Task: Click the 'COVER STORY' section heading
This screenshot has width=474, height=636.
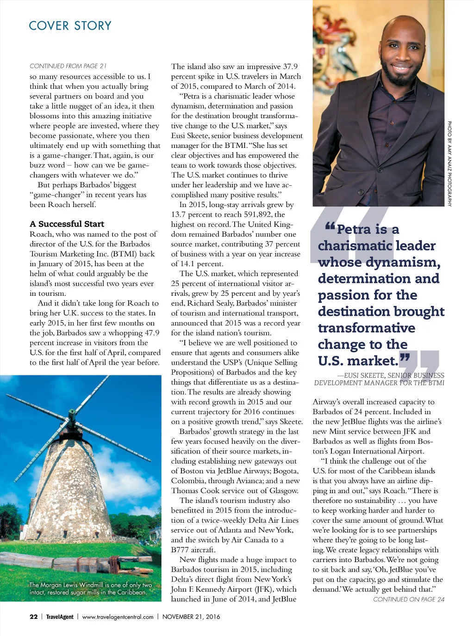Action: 70,25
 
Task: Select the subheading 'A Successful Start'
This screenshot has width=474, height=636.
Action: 67,224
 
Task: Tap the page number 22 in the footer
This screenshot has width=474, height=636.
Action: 33,617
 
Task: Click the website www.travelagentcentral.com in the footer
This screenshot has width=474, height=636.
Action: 118,617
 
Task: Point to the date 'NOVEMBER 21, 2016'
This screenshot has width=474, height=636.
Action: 191,617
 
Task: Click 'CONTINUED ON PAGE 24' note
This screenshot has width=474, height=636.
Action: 408,599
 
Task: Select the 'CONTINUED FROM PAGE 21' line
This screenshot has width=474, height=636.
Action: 68,66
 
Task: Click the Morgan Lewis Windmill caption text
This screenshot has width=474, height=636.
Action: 90,588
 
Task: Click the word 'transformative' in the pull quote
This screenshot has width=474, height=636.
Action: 366,328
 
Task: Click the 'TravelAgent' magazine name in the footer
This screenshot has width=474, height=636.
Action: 60,617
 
